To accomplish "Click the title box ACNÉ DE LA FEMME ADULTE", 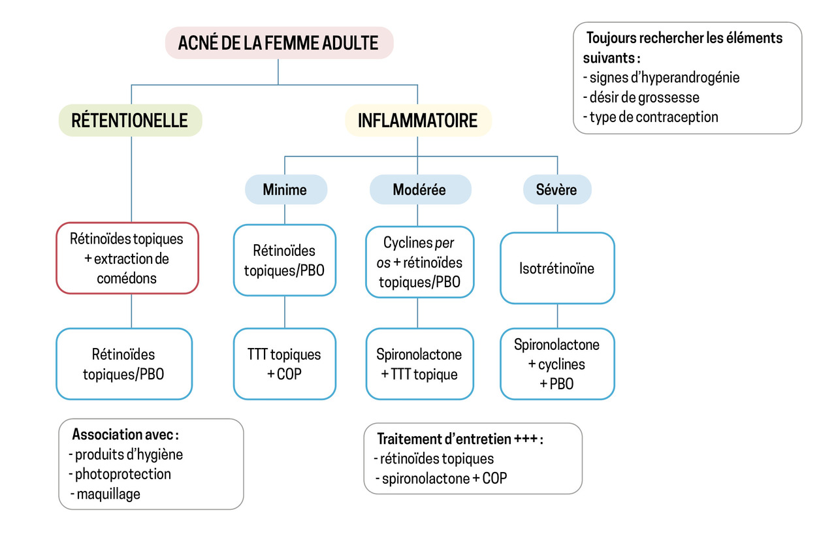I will [278, 44].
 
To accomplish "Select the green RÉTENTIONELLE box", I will [130, 120].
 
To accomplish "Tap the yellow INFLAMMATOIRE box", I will [418, 121].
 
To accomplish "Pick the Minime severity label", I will [285, 190].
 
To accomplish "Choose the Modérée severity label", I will [419, 190].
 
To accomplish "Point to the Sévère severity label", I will [556, 190].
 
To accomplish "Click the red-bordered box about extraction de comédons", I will [127, 258].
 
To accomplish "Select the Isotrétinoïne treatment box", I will [557, 268].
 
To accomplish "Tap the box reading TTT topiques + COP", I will [285, 364].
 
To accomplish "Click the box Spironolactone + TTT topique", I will [419, 364].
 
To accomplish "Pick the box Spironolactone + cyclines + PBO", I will [557, 364].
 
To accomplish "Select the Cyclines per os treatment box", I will [419, 262].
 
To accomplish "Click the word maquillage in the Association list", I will [108, 494].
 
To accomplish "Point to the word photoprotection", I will [123, 474].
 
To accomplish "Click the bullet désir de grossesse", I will [644, 97].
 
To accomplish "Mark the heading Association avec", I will [125, 434].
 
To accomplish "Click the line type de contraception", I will [653, 118].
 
